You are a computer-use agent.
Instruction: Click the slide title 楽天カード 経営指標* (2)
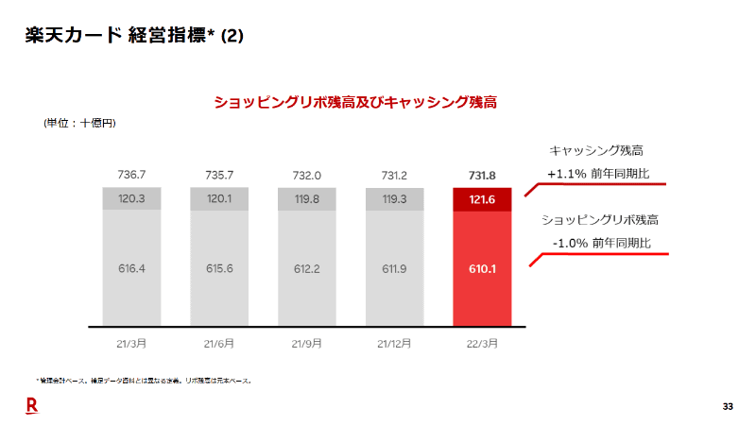(133, 36)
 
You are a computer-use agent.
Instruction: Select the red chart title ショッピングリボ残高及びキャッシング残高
(354, 101)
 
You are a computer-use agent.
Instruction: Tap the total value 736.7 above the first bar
(131, 176)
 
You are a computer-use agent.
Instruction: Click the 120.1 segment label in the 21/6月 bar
(219, 199)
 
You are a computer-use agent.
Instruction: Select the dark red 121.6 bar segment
(482, 199)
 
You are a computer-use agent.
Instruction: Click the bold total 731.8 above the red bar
(482, 176)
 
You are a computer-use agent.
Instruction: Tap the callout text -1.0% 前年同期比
(602, 243)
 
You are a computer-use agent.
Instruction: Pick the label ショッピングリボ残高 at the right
(600, 219)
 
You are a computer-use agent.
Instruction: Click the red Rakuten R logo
(31, 406)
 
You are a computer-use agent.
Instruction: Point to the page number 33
(728, 406)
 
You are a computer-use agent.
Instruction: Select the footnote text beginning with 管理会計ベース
(143, 381)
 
